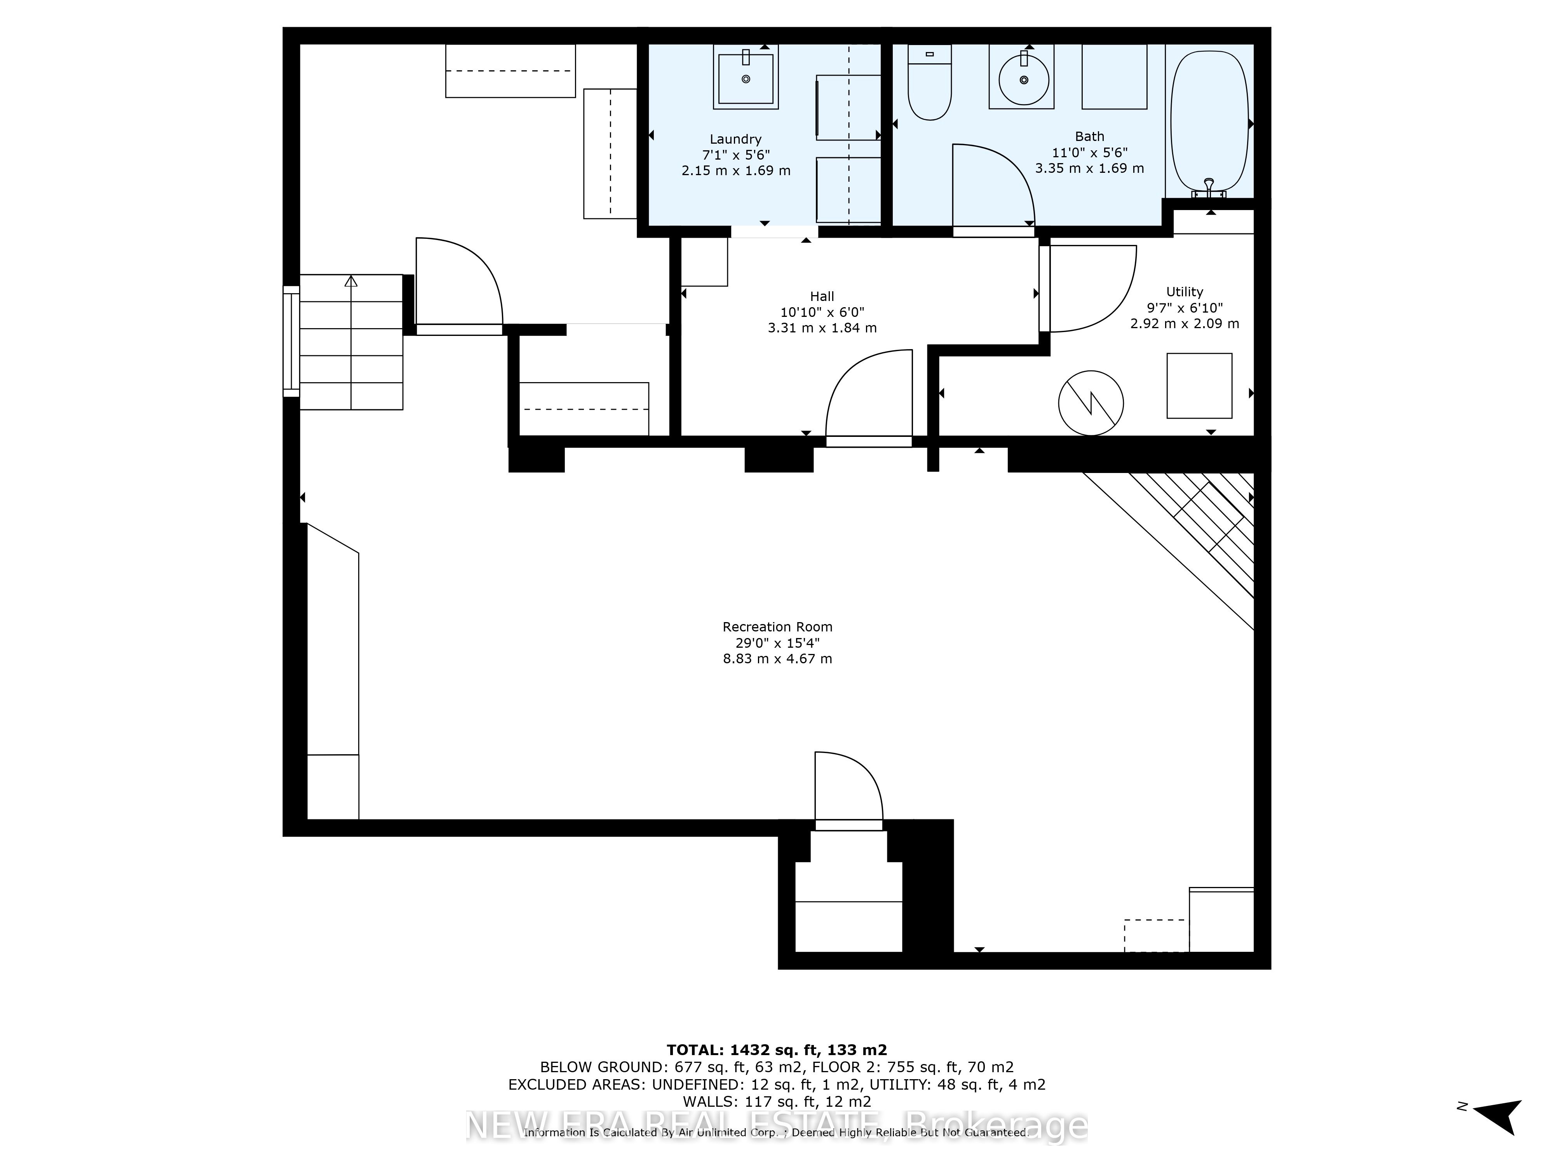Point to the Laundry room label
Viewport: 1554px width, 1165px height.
click(735, 139)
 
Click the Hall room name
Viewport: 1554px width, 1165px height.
click(822, 296)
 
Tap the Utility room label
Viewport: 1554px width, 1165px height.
click(1185, 291)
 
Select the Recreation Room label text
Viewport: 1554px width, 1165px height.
click(777, 626)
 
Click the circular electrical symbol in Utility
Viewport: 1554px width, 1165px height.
click(1091, 403)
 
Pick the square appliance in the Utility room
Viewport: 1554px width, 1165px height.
click(1199, 386)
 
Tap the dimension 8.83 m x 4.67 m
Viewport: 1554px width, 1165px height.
click(777, 659)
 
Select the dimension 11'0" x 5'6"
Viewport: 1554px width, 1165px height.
click(1089, 152)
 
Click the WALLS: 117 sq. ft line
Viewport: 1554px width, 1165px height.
click(776, 1102)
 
